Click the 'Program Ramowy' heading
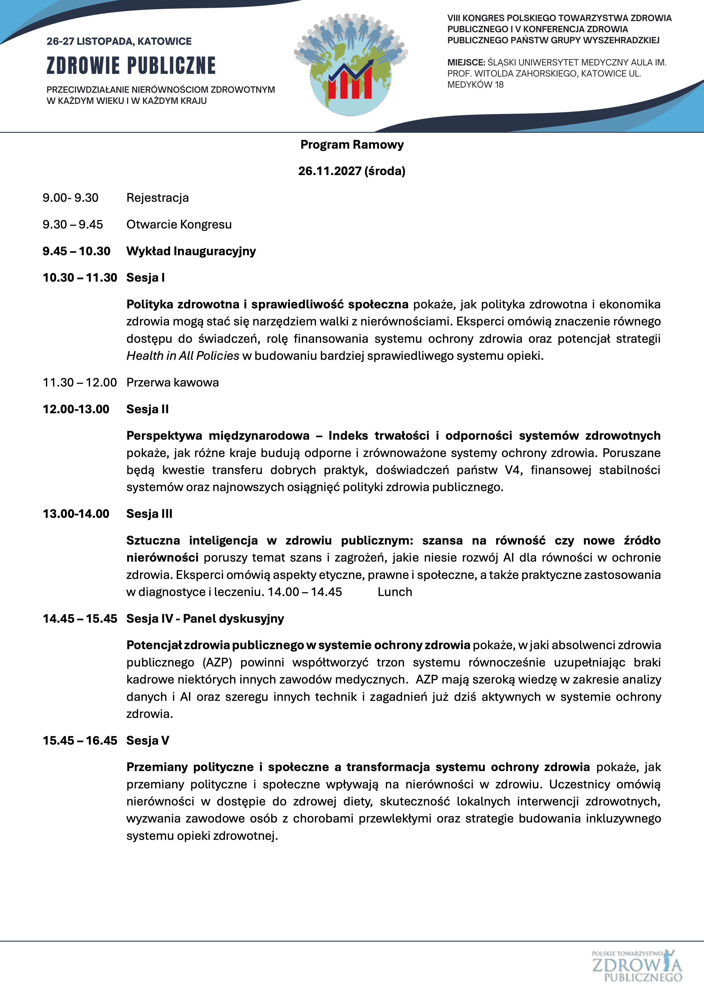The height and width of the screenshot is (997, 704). [352, 145]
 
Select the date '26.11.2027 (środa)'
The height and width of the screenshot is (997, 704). [352, 171]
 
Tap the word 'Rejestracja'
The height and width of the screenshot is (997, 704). [158, 198]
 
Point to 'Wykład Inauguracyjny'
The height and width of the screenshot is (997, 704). [191, 251]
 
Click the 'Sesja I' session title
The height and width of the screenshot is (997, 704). [145, 277]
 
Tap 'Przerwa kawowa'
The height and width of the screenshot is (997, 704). [172, 383]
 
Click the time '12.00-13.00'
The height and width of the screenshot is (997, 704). [76, 409]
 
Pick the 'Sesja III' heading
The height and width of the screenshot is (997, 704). [149, 514]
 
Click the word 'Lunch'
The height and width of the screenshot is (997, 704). [395, 592]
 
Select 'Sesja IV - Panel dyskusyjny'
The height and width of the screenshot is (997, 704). [205, 618]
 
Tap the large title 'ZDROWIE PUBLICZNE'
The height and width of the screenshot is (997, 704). [131, 66]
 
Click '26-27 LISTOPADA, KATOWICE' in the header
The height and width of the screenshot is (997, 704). [119, 41]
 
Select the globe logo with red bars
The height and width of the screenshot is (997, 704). [351, 65]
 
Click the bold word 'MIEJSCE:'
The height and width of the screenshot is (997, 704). [466, 63]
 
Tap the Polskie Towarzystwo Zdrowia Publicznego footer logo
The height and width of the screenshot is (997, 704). [636, 966]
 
